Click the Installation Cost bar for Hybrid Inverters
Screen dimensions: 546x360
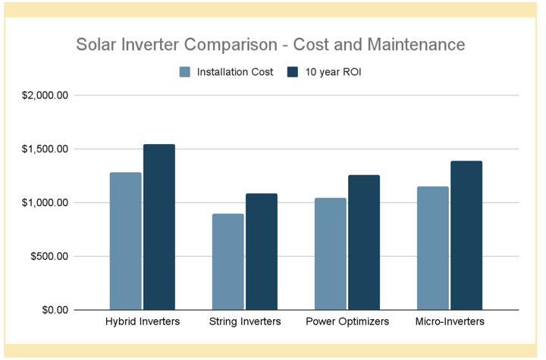click(126, 241)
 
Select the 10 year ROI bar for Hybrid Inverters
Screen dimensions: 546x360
click(159, 227)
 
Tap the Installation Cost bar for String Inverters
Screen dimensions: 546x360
click(228, 261)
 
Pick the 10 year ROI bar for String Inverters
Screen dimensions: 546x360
click(262, 252)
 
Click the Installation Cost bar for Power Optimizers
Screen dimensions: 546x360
click(331, 254)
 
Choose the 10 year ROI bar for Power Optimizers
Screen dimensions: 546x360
click(364, 243)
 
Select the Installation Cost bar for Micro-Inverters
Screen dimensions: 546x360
click(433, 249)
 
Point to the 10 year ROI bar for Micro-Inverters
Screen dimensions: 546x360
click(466, 236)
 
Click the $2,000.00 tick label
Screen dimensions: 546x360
click(45, 95)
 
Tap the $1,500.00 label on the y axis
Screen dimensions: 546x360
click(45, 149)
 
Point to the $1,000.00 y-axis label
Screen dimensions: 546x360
click(45, 202)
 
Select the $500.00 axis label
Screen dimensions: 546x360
click(49, 257)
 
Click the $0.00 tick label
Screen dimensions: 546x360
click(55, 310)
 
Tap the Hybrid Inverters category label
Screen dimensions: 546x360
click(143, 321)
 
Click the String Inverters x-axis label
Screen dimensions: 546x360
click(245, 321)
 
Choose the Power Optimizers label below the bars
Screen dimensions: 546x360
click(347, 321)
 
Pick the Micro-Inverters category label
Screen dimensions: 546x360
click(450, 321)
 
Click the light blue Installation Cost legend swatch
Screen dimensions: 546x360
click(185, 72)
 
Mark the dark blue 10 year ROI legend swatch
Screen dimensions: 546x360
click(293, 72)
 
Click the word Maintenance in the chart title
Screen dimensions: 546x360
click(416, 45)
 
